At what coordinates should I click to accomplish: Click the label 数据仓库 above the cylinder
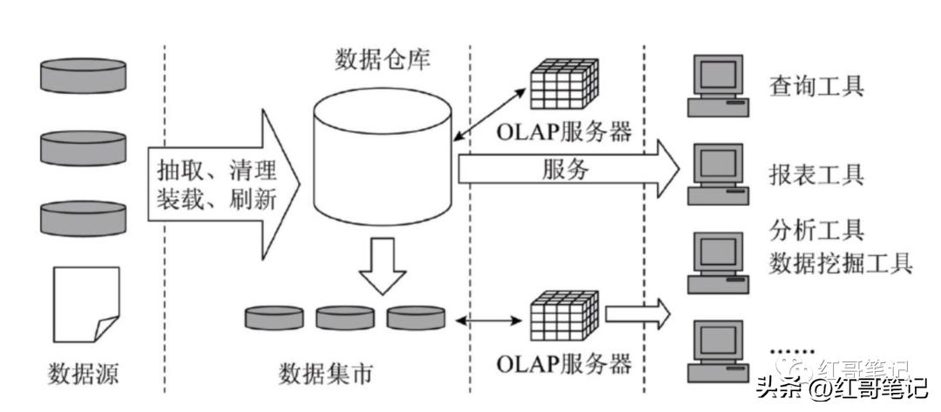pyautogui.click(x=382, y=60)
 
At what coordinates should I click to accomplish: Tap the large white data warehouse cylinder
pyautogui.click(x=382, y=162)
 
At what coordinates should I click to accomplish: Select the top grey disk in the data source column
pyautogui.click(x=84, y=76)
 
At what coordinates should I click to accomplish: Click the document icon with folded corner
pyautogui.click(x=85, y=304)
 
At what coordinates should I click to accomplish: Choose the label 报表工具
pyautogui.click(x=816, y=174)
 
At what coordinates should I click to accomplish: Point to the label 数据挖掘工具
pyautogui.click(x=840, y=263)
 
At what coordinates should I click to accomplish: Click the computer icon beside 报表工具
pyautogui.click(x=717, y=173)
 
